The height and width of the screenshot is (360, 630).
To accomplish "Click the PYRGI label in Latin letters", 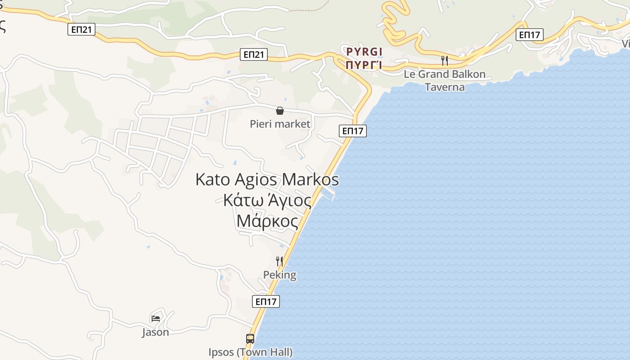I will (x=364, y=52).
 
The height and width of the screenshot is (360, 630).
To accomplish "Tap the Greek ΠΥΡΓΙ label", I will (x=364, y=65).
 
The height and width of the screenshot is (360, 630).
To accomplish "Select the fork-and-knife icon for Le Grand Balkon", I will (x=444, y=60).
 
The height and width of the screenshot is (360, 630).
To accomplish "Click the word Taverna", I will (x=445, y=87).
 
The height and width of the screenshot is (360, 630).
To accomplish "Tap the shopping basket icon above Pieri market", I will (x=280, y=111).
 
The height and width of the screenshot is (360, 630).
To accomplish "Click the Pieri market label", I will (x=280, y=124).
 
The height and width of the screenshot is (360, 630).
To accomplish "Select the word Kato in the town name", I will (x=212, y=180).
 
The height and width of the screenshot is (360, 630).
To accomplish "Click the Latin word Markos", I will (x=310, y=180).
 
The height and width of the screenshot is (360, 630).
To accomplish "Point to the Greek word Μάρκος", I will (x=267, y=221).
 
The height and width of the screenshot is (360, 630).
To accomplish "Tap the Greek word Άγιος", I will (x=289, y=200).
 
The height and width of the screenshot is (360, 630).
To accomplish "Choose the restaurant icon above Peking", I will (x=279, y=261).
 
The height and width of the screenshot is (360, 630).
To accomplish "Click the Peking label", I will (x=279, y=275).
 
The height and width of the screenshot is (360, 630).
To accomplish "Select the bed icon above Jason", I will (x=156, y=318).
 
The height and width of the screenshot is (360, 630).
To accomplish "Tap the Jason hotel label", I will (x=156, y=332).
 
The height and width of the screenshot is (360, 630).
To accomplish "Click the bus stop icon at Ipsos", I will (x=250, y=338).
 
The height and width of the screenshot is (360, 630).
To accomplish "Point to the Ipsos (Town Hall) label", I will (x=250, y=352).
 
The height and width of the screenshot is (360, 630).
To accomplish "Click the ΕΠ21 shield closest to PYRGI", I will (x=254, y=54).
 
